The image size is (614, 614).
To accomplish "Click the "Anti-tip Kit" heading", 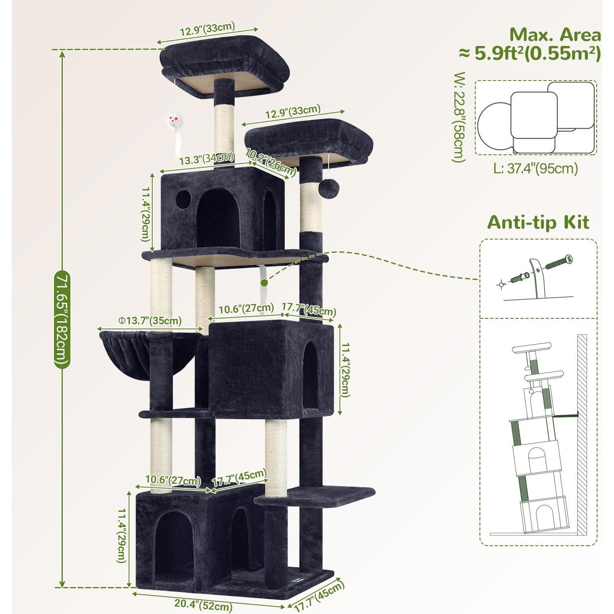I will point(538,222).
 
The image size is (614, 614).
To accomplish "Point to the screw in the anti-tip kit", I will point(559,262).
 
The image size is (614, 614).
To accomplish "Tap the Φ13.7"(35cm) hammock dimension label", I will point(150,321).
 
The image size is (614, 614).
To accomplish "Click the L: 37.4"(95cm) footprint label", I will point(536,169).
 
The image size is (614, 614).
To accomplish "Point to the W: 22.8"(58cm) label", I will point(459,117).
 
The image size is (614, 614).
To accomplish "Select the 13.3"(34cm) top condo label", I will point(206,159).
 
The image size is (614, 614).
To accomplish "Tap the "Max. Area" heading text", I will point(555,35).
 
